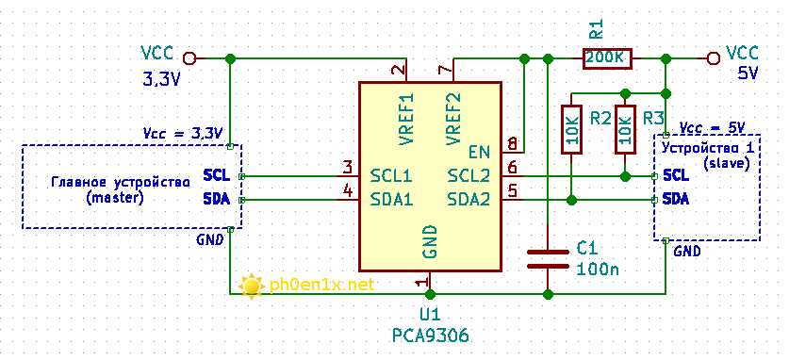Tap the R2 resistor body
pos(571,131)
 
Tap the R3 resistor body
pos(625,131)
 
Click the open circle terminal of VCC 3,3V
pos(189,58)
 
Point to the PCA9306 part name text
pos(430,335)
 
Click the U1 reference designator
pos(430,314)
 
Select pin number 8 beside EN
pos(512,145)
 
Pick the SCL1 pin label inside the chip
pos(391,175)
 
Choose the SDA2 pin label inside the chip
pos(468,199)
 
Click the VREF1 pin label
pos(406,118)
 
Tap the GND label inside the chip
pos(430,242)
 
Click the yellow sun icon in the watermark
pos(251,285)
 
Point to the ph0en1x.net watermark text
pos(321,284)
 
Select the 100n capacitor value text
pos(597,269)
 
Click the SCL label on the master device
pos(215,175)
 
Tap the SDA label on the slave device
pos(675,199)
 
